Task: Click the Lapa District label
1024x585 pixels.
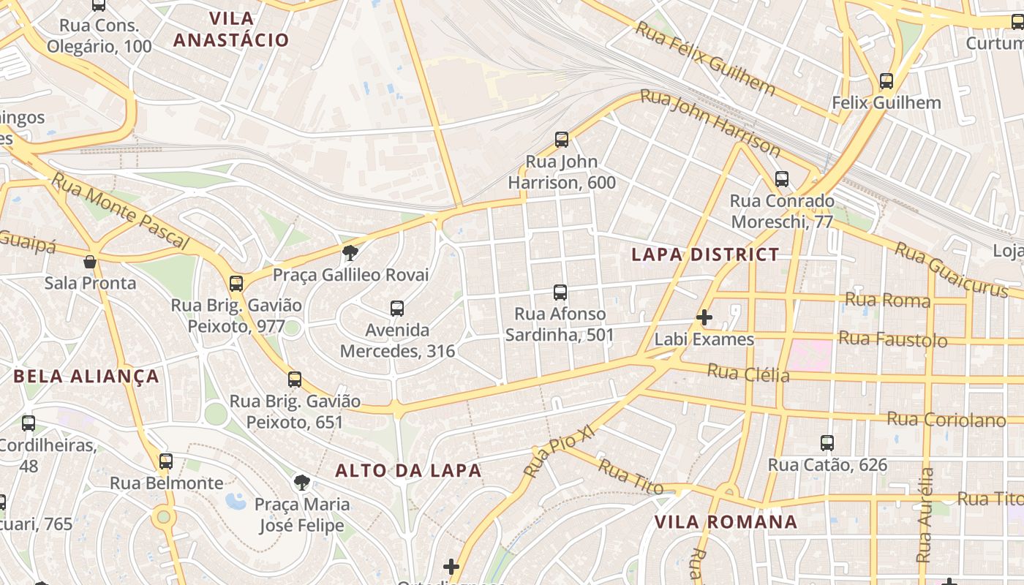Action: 705,254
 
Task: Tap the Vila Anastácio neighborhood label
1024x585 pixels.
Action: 231,29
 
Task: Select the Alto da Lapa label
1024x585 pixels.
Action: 408,471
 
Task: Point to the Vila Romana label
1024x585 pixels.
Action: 726,522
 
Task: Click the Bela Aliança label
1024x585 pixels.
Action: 86,377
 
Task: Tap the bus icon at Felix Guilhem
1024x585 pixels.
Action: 886,81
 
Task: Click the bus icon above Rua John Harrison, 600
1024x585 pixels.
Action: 562,140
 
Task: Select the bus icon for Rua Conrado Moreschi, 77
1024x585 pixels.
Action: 782,179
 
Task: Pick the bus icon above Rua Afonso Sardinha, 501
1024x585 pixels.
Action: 560,292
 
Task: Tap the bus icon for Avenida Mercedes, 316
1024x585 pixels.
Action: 397,309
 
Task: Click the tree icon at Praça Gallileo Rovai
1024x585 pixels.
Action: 350,253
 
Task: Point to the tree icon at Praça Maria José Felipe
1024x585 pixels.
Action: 301,482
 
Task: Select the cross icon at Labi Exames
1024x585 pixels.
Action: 704,317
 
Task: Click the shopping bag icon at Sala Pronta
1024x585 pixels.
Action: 90,262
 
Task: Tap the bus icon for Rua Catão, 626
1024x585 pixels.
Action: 827,443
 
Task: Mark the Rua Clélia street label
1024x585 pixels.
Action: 748,373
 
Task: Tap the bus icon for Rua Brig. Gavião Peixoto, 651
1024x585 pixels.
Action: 295,380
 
